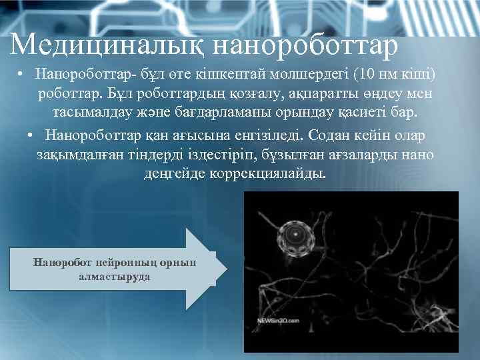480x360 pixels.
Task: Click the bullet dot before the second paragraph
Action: (x=31, y=135)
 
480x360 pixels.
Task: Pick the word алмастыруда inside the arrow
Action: (x=114, y=276)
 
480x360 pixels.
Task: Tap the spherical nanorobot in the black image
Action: (x=293, y=234)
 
